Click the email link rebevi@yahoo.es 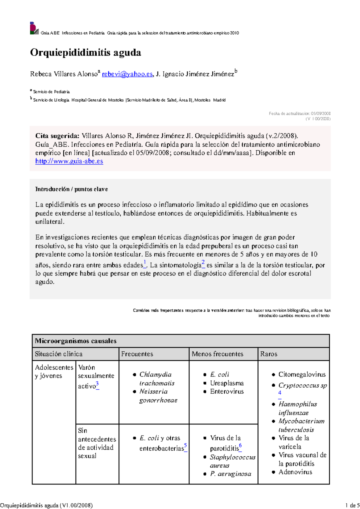click(x=127, y=74)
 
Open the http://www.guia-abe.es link click(x=69, y=161)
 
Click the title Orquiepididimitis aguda click(x=85, y=52)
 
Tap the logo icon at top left click(x=34, y=28)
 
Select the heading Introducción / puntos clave click(x=71, y=189)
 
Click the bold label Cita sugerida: click(x=57, y=136)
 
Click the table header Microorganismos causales click(x=76, y=341)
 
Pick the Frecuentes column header click(x=137, y=354)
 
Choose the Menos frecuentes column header click(x=217, y=354)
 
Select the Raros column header click(x=268, y=354)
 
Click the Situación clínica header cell click(x=58, y=354)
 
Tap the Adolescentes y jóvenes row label click(x=54, y=372)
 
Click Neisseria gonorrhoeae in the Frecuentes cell click(x=158, y=396)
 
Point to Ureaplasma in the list click(x=227, y=383)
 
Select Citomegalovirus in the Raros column click(x=302, y=374)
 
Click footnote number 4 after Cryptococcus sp click(x=280, y=393)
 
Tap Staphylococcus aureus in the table click(x=232, y=461)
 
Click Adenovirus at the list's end click(x=295, y=472)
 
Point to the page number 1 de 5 click(x=352, y=505)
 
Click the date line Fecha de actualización click(x=299, y=114)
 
